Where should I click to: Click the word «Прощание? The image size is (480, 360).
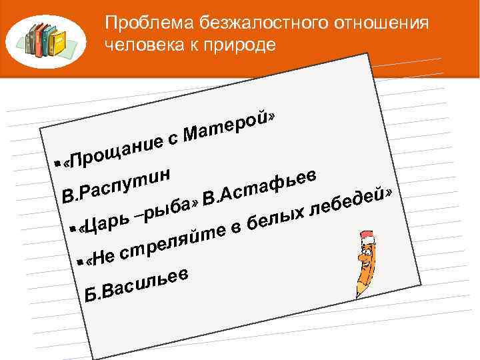coord(117,149)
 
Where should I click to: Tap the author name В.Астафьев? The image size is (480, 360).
coord(263,186)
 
